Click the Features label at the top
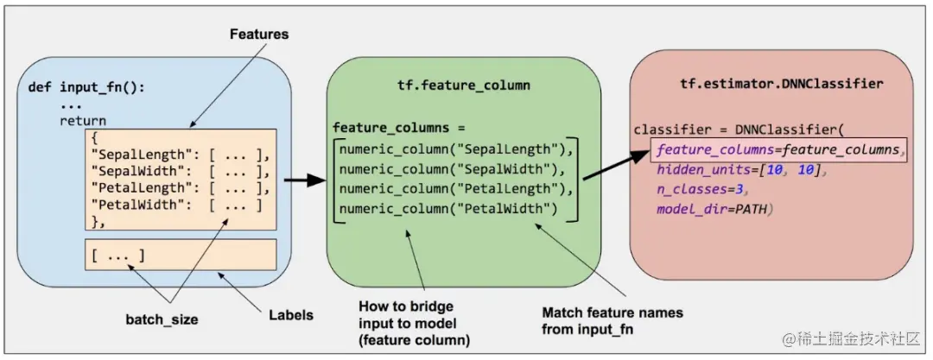[258, 35]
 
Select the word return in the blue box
[83, 121]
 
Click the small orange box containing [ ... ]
[181, 255]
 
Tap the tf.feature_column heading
[464, 87]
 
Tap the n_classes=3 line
[701, 190]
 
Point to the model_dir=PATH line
[714, 210]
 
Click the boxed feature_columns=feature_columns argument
[778, 149]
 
